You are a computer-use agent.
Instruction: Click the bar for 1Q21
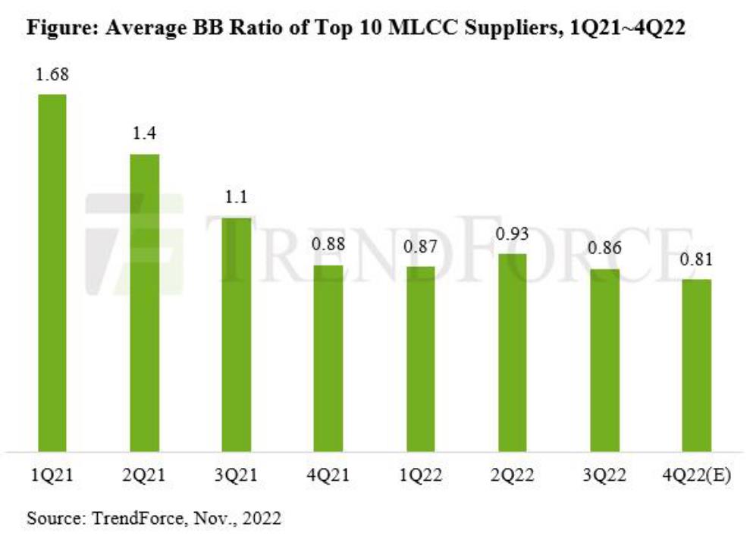pyautogui.click(x=52, y=273)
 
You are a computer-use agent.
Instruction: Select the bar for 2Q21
pyautogui.click(x=145, y=303)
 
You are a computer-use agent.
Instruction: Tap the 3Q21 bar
pyautogui.click(x=237, y=334)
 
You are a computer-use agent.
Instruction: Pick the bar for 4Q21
pyautogui.click(x=328, y=358)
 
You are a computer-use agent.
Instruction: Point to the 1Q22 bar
pyautogui.click(x=421, y=359)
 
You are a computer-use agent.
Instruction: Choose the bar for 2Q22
pyautogui.click(x=513, y=353)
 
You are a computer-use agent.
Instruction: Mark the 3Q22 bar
pyautogui.click(x=604, y=360)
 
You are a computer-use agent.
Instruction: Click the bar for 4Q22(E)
pyautogui.click(x=696, y=366)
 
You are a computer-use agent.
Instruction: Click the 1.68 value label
pyautogui.click(x=52, y=76)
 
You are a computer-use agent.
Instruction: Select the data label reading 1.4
pyautogui.click(x=145, y=136)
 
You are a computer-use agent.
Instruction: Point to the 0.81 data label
pyautogui.click(x=696, y=261)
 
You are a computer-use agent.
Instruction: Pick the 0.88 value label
pyautogui.click(x=328, y=246)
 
